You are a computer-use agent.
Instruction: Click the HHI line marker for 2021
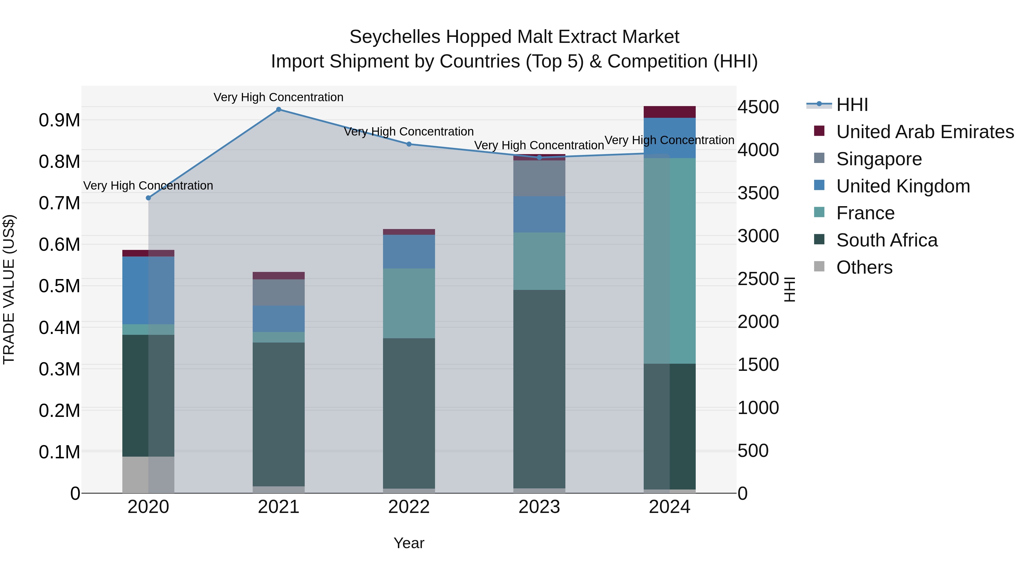(278, 110)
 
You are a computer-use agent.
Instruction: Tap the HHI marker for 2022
(409, 144)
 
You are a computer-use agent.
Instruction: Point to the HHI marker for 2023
(539, 158)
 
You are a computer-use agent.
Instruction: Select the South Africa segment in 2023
(539, 389)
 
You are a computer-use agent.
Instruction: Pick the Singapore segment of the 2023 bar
(539, 178)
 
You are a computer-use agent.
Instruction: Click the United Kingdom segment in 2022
(409, 251)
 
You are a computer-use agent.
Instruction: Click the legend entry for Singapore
(879, 159)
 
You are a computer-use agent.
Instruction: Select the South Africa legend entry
(886, 240)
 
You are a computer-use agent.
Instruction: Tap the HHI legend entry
(852, 105)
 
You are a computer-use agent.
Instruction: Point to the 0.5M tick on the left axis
(59, 286)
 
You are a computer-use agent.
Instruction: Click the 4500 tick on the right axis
(758, 107)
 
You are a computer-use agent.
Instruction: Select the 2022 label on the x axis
(409, 507)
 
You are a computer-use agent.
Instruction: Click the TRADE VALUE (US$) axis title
(9, 289)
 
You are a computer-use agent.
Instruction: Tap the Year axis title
(409, 543)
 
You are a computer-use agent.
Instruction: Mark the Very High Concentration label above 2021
(278, 97)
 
